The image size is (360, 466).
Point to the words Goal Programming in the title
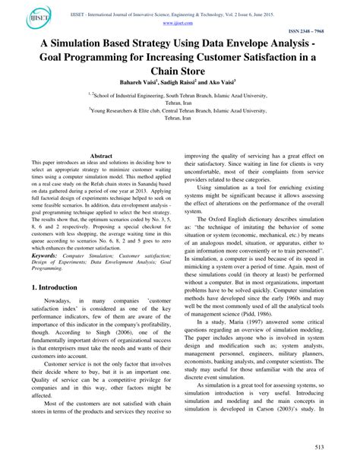coord(89,59)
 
